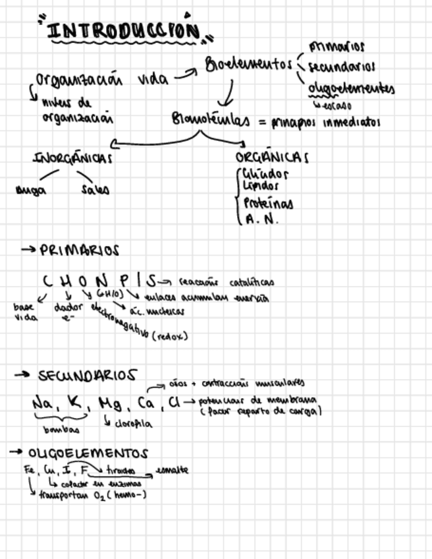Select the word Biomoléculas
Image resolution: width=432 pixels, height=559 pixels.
210,120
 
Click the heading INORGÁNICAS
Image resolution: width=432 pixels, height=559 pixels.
72,158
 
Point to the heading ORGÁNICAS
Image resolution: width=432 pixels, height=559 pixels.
271,158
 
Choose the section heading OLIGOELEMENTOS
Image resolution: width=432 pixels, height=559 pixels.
88,454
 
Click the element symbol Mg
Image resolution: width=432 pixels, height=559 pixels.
109,403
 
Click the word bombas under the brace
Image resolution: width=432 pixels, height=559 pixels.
61,430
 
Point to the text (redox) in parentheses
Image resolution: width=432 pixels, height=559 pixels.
169,337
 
